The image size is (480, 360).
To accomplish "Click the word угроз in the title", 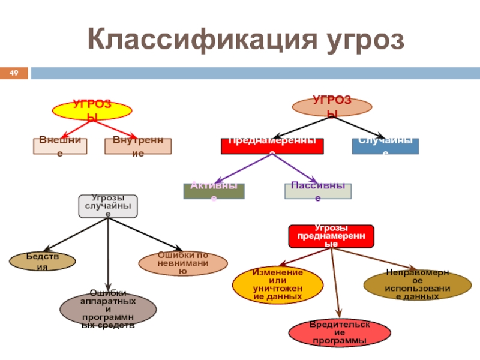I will (x=365, y=40).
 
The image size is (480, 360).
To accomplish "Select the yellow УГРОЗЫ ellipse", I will (x=92, y=110).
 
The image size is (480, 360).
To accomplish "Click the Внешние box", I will (x=59, y=146).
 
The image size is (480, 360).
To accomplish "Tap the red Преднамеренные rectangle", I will (x=272, y=146).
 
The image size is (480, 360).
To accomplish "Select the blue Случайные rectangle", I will (x=385, y=146).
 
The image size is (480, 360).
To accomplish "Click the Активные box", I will (x=214, y=191).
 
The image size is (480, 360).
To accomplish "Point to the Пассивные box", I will (x=317, y=191).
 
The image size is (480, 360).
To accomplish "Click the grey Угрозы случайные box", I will (x=108, y=206).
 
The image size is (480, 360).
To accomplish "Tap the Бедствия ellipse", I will (x=43, y=261).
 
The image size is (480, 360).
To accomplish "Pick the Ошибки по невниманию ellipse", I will (x=183, y=263).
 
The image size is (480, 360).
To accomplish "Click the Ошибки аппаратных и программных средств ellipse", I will (x=108, y=308).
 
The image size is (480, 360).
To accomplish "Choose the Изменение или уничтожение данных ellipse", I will (x=277, y=284).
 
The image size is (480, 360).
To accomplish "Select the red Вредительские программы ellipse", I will (x=340, y=333).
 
